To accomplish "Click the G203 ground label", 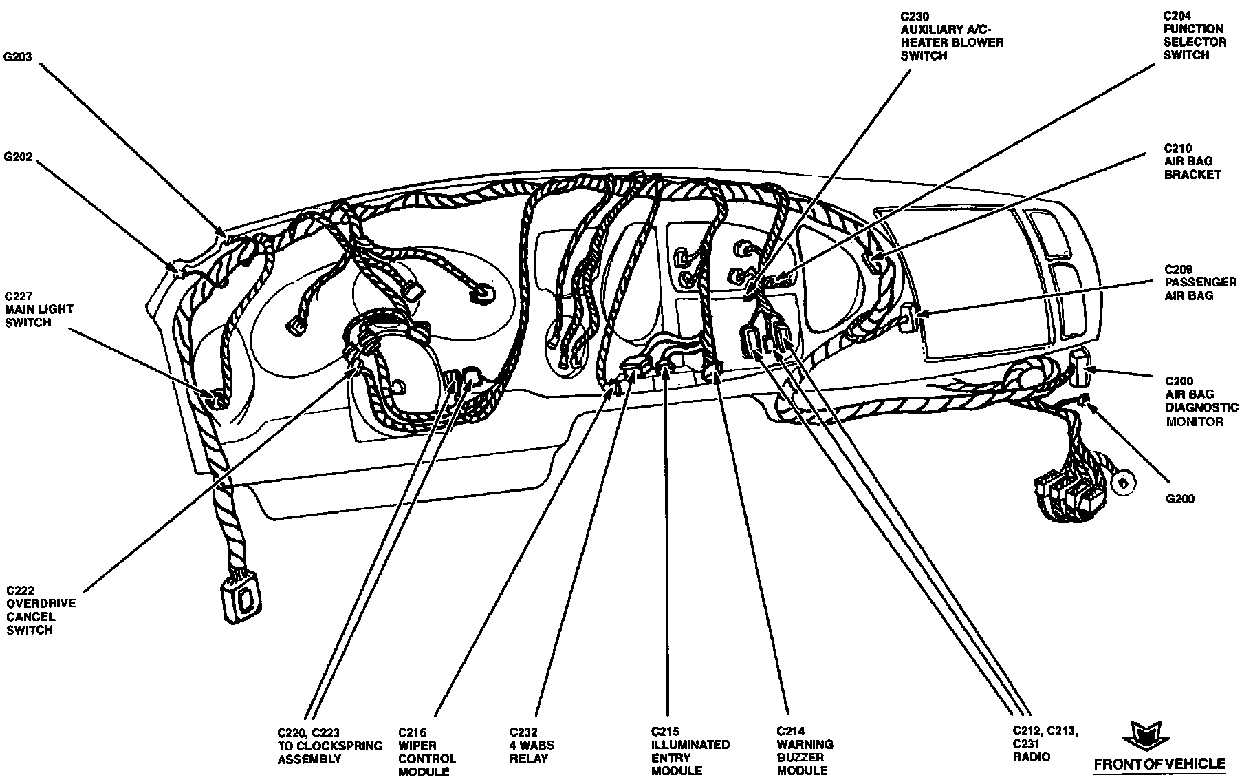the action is [x=18, y=57].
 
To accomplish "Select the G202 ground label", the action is [x=18, y=157].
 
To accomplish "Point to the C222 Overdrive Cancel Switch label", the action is [x=41, y=610].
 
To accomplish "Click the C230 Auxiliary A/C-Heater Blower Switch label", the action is [x=951, y=35].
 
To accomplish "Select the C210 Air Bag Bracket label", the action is [x=1192, y=161].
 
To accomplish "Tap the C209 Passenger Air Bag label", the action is [x=1199, y=282].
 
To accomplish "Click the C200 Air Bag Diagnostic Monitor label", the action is [x=1201, y=401].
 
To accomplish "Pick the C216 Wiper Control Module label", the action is [x=426, y=752].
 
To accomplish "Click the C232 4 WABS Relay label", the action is [x=532, y=745].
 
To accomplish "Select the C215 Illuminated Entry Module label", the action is [x=690, y=752].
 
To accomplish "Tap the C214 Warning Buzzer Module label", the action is [x=805, y=752].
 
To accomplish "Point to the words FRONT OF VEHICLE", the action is [x=1159, y=763].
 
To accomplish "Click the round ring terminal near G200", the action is [x=1124, y=483].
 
